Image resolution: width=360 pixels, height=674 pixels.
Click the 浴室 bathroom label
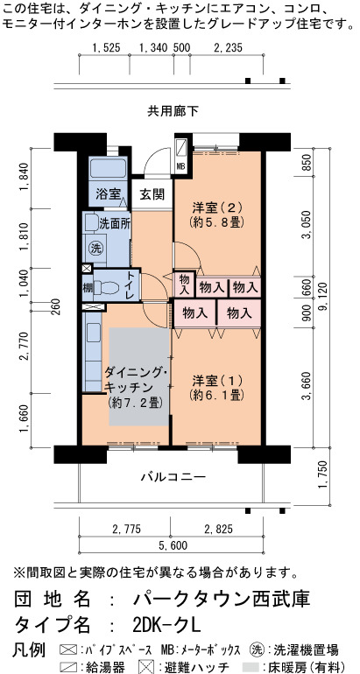[108, 194]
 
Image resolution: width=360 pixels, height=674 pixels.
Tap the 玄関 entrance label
[152, 194]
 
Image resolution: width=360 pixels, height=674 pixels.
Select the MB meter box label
[181, 166]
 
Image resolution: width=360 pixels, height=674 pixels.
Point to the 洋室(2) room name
[217, 208]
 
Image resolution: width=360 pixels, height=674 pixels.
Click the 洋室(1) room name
[217, 381]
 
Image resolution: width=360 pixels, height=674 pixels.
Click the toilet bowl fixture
[106, 287]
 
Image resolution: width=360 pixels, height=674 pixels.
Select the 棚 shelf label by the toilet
[88, 287]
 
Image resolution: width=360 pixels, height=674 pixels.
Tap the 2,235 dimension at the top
[228, 48]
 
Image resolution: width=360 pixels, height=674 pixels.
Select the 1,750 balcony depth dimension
[324, 474]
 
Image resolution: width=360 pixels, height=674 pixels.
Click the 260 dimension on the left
[56, 307]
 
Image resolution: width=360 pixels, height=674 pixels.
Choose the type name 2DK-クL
[167, 624]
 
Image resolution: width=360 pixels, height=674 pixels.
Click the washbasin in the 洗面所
[92, 222]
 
